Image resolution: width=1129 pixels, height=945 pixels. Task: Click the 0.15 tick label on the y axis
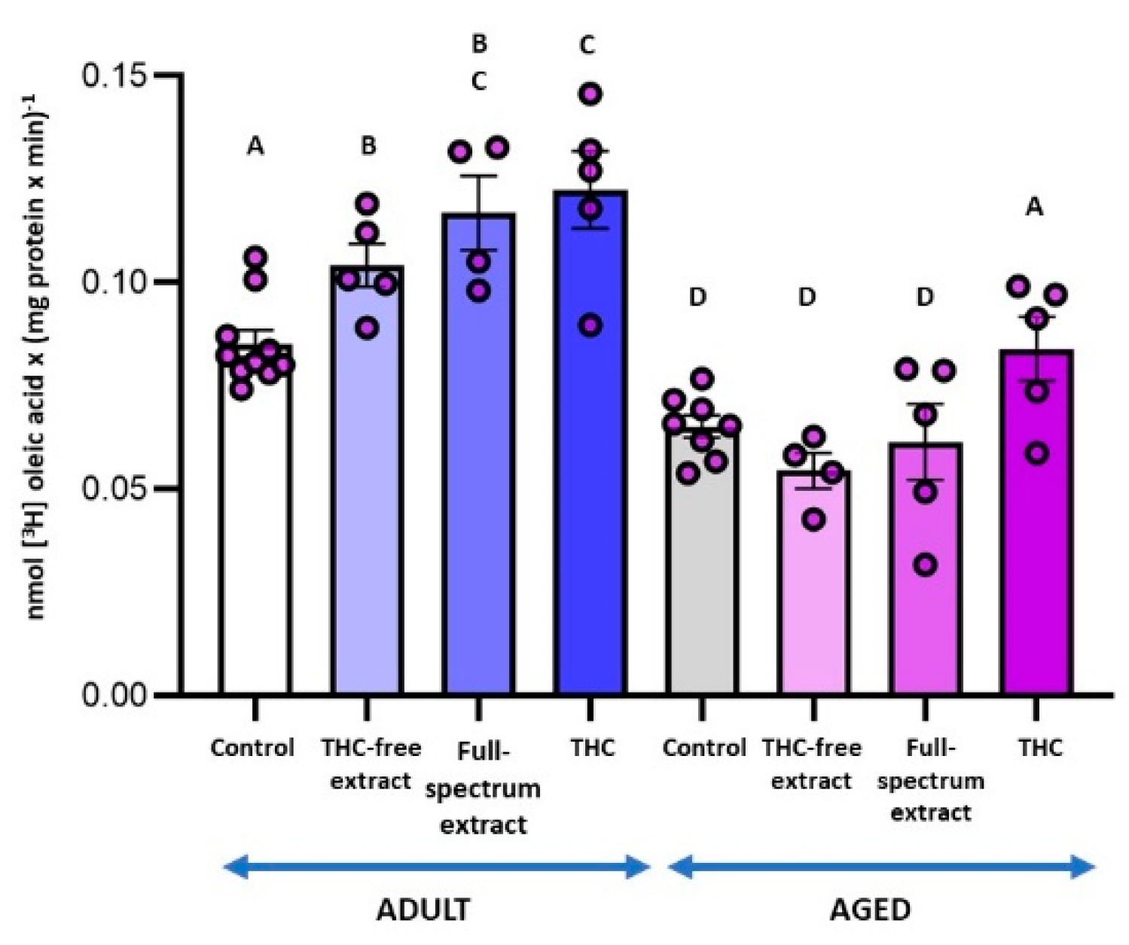pyautogui.click(x=115, y=76)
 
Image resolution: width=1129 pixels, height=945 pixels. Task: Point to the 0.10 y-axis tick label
pyautogui.click(x=115, y=282)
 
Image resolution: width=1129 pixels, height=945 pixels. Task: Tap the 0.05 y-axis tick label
pyautogui.click(x=115, y=489)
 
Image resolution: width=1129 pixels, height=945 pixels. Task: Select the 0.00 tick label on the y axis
pyautogui.click(x=115, y=694)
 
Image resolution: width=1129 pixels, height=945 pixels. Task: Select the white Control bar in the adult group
pyautogui.click(x=255, y=527)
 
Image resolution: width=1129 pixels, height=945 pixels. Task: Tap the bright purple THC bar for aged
pyautogui.click(x=1036, y=527)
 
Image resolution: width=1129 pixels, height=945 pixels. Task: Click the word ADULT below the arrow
pyautogui.click(x=423, y=910)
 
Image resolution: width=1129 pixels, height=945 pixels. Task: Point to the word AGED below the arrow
pyautogui.click(x=870, y=910)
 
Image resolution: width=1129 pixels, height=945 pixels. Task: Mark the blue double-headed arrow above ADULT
pyautogui.click(x=437, y=868)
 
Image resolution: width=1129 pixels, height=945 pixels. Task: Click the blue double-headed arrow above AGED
pyautogui.click(x=881, y=868)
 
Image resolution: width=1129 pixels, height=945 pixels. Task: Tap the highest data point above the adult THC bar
pyautogui.click(x=590, y=94)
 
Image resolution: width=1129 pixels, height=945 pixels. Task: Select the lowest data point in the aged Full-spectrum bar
pyautogui.click(x=926, y=565)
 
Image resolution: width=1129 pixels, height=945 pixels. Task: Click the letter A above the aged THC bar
pyautogui.click(x=1035, y=207)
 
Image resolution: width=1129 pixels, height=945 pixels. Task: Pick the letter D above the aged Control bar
pyautogui.click(x=698, y=297)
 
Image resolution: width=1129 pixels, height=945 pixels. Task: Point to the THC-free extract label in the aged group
pyautogui.click(x=811, y=764)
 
